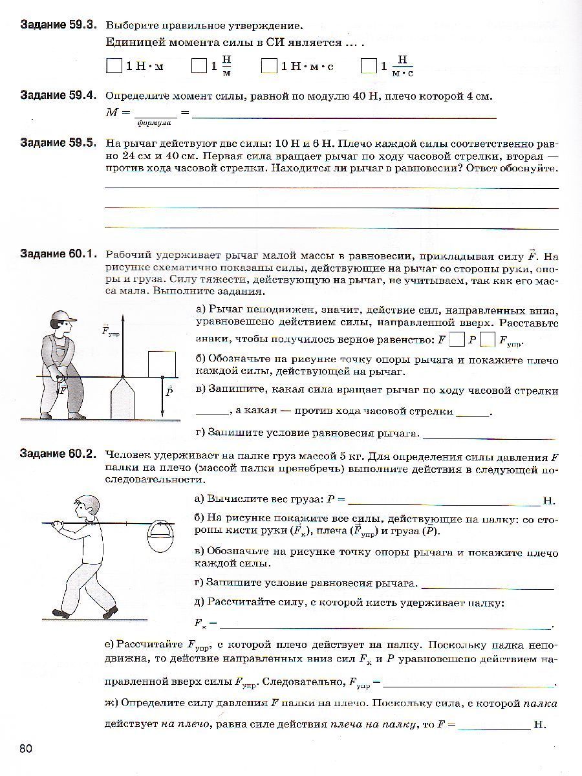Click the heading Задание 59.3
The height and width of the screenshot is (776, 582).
(58, 25)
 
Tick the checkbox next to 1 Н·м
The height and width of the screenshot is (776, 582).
(114, 65)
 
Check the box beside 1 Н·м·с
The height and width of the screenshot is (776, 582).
(269, 65)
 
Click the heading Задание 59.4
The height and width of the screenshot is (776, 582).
(58, 96)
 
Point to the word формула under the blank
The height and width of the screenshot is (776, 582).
(154, 122)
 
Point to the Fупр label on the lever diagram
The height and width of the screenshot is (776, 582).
(110, 331)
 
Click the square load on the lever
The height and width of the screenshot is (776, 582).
(162, 363)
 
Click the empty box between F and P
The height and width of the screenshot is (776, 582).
(457, 339)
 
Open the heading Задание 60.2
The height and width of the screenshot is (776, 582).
(58, 455)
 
